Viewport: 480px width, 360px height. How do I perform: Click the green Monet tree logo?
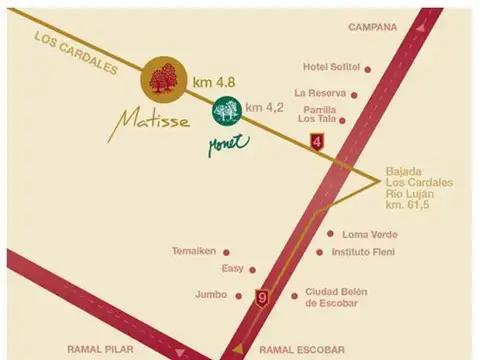(x=226, y=109)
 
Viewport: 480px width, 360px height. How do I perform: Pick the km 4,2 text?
(x=265, y=106)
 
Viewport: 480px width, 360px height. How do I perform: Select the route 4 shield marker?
(x=318, y=142)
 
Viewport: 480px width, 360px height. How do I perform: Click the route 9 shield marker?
(x=262, y=297)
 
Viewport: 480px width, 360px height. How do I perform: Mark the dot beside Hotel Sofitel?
(x=367, y=69)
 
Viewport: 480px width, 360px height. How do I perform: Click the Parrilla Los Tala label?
(x=316, y=114)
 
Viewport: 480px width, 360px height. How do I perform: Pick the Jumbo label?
(x=210, y=295)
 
